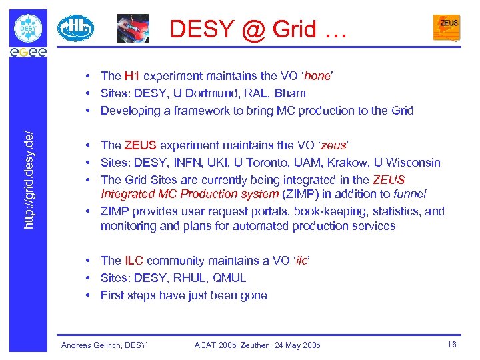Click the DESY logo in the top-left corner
[28, 28]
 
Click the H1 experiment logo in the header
[75, 28]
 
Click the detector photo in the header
[133, 28]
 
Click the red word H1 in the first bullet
[132, 76]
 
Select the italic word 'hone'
[317, 76]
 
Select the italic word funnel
[409, 194]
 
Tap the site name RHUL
[195, 278]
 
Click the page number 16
[451, 344]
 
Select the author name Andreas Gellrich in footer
[90, 345]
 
